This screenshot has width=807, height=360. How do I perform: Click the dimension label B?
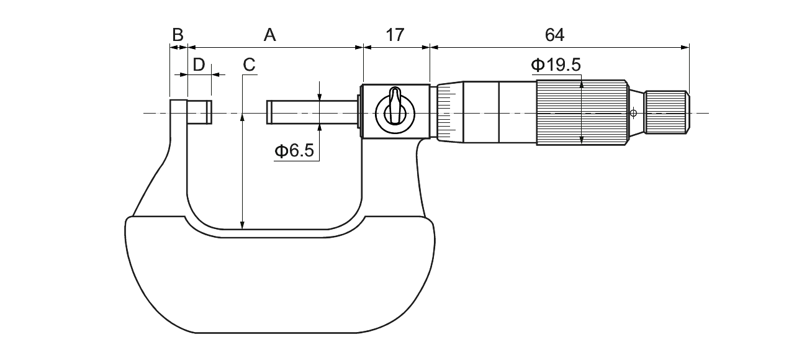[x=178, y=35]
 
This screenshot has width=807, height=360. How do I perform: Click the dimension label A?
[x=270, y=35]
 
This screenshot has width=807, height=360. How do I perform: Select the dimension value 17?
[x=395, y=35]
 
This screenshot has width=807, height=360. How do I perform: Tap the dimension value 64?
[x=554, y=35]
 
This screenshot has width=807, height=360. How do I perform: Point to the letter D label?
[x=199, y=65]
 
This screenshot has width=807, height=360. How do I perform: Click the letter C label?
[x=249, y=65]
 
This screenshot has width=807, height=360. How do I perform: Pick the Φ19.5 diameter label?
[x=556, y=65]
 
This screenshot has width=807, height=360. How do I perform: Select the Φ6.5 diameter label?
[x=294, y=150]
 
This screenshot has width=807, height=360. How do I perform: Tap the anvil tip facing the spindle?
[x=200, y=112]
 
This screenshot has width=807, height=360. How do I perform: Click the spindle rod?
[x=312, y=112]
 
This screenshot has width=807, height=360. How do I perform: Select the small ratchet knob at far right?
[x=667, y=112]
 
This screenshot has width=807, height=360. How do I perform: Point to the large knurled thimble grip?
[x=582, y=112]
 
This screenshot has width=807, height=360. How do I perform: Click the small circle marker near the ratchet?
[x=633, y=113]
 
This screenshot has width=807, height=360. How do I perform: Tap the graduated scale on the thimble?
[x=447, y=112]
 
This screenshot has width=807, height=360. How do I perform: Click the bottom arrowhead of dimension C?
[x=243, y=225]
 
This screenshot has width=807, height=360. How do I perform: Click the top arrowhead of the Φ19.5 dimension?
[x=582, y=84]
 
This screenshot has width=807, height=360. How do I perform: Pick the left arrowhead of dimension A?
[x=192, y=47]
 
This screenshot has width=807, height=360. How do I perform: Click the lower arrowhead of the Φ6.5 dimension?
[x=319, y=129]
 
